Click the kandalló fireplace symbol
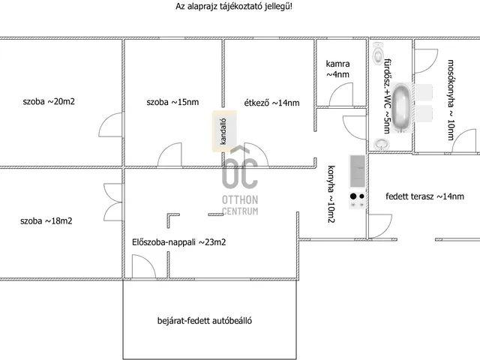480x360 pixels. (x=224, y=131)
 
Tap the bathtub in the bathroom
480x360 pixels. (x=401, y=107)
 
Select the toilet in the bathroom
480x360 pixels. (x=378, y=53)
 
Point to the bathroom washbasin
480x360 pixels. (x=382, y=143)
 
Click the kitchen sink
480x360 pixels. (x=357, y=171)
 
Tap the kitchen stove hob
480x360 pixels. (x=357, y=200)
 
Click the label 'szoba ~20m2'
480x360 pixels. (x=49, y=101)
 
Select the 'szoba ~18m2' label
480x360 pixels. (x=46, y=220)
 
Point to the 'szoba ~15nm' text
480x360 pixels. (x=172, y=102)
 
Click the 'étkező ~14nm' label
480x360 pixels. (x=271, y=103)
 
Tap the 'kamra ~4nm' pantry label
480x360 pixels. (x=337, y=69)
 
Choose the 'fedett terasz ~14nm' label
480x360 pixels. (x=425, y=196)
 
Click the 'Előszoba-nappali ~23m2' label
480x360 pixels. (x=179, y=242)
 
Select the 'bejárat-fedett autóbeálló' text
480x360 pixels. (x=205, y=320)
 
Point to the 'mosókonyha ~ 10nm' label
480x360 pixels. (x=451, y=100)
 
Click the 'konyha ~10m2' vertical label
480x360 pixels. (x=331, y=194)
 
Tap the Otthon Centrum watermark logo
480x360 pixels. (x=240, y=180)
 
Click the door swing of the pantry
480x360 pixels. (x=340, y=94)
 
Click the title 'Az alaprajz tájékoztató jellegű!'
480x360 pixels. (x=234, y=7)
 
